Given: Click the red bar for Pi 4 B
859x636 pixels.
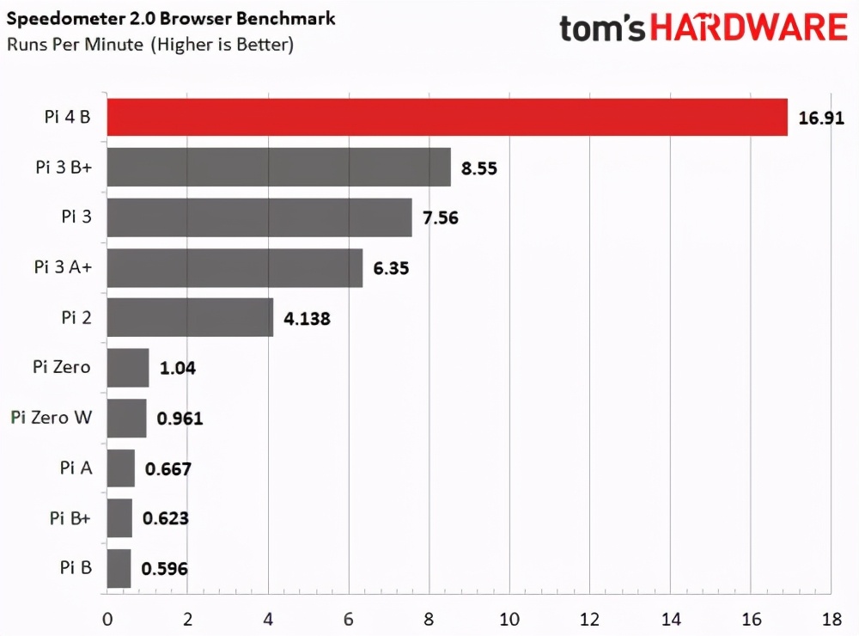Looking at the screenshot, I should pyautogui.click(x=447, y=117).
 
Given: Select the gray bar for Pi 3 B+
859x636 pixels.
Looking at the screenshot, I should pyautogui.click(x=279, y=168).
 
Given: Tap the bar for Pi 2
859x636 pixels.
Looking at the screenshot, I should pyautogui.click(x=190, y=317).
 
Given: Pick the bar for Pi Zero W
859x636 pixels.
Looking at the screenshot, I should pyautogui.click(x=126, y=419).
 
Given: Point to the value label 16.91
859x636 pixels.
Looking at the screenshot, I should pyautogui.click(x=821, y=119).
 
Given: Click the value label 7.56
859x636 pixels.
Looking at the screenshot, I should pyautogui.click(x=440, y=218).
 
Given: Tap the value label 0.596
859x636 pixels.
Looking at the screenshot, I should pyautogui.click(x=165, y=569).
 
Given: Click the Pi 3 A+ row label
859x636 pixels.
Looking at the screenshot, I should pyautogui.click(x=63, y=267).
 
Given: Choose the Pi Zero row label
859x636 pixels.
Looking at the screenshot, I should pyautogui.click(x=62, y=368).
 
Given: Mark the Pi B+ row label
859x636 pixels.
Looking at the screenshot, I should pyautogui.click(x=70, y=518).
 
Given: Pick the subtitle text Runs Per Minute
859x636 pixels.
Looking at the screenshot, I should pyautogui.click(x=76, y=45).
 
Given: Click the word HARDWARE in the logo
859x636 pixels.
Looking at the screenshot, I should pyautogui.click(x=748, y=28).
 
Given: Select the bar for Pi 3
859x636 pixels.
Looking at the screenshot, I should pyautogui.click(x=259, y=217).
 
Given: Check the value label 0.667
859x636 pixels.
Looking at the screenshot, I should pyautogui.click(x=168, y=469).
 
